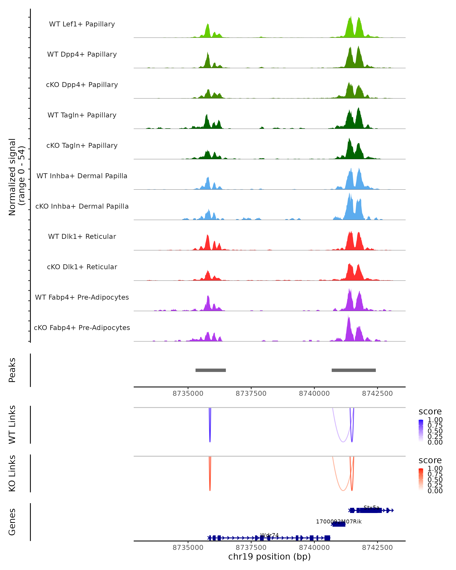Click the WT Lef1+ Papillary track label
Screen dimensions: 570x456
[x=82, y=24]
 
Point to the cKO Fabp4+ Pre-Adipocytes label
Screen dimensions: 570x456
[x=82, y=328]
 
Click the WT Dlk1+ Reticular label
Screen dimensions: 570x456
[x=82, y=236]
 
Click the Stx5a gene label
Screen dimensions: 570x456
[x=371, y=508]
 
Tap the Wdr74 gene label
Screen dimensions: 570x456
[x=269, y=535]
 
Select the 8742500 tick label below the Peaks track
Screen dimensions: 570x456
[x=377, y=393]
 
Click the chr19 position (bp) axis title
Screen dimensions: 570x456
[x=269, y=557]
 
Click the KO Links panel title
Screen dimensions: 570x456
[x=12, y=473]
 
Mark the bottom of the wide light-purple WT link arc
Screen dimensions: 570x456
[x=343, y=442]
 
